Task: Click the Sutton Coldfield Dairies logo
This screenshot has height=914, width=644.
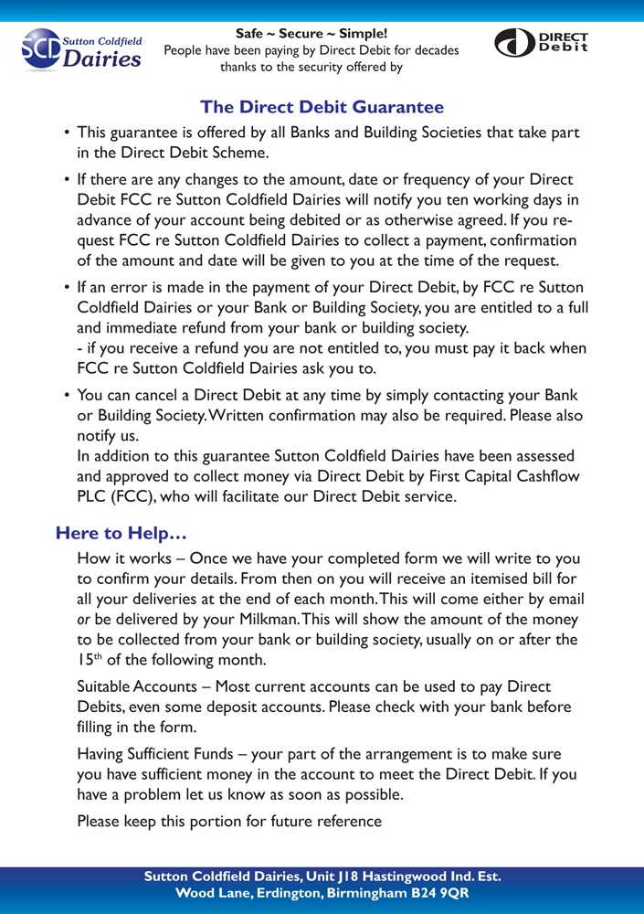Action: (81, 49)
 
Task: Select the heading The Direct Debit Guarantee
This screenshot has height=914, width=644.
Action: (322, 108)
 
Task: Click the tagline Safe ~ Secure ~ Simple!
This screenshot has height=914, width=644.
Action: (311, 34)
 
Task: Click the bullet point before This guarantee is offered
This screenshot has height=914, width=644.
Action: (68, 133)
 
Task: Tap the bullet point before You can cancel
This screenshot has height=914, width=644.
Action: (68, 396)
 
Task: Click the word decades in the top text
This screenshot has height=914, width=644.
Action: (432, 50)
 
